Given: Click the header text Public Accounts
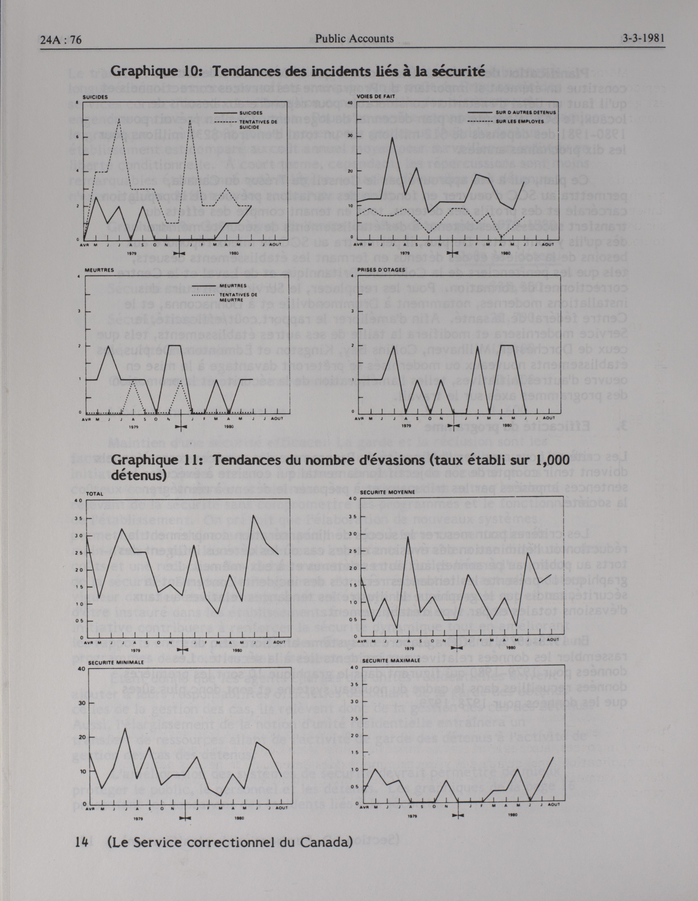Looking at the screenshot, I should click(354, 39).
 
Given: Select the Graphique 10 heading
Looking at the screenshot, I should click(298, 72).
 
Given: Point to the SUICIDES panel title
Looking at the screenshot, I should click(95, 97).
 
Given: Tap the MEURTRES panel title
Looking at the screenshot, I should click(99, 270).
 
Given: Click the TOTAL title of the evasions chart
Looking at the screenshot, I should click(94, 494).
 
